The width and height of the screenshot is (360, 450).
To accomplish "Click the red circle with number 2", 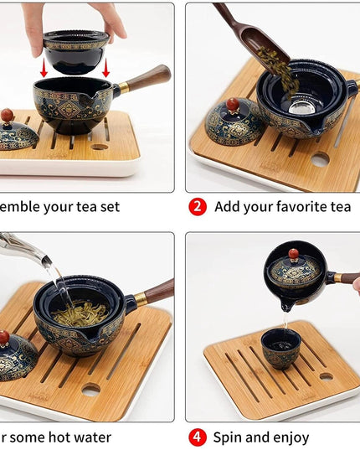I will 197,206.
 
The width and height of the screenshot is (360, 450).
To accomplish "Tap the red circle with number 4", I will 197,437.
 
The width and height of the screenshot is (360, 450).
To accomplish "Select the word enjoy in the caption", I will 288,437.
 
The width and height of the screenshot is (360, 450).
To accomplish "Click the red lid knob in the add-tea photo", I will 233,105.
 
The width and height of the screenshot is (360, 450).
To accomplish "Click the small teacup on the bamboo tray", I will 280,348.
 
